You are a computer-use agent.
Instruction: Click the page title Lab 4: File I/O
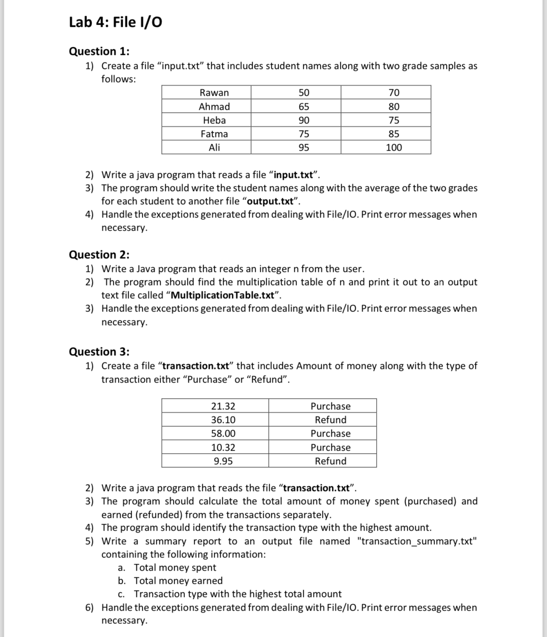pos(115,22)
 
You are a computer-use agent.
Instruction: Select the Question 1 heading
pos(99,51)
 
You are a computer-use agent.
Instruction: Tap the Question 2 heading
pos(99,254)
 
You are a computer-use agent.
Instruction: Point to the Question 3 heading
pos(99,351)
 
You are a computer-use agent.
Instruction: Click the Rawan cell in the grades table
pos(214,93)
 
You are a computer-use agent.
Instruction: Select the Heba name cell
pos(214,120)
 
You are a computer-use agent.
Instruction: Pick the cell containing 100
pos(394,148)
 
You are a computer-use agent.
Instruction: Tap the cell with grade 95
pos(303,148)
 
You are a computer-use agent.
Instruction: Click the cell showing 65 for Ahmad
pos(303,106)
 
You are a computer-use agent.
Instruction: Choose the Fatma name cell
pos(214,134)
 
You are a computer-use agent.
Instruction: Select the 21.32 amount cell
pos(223,406)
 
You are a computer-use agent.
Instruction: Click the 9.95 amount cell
pos(223,461)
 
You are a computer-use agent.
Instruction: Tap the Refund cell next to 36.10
pos(331,420)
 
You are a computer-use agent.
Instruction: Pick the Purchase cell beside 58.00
pos(331,434)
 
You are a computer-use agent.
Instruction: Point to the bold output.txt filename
pos(271,201)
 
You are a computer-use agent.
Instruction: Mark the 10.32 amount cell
pos(223,447)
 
